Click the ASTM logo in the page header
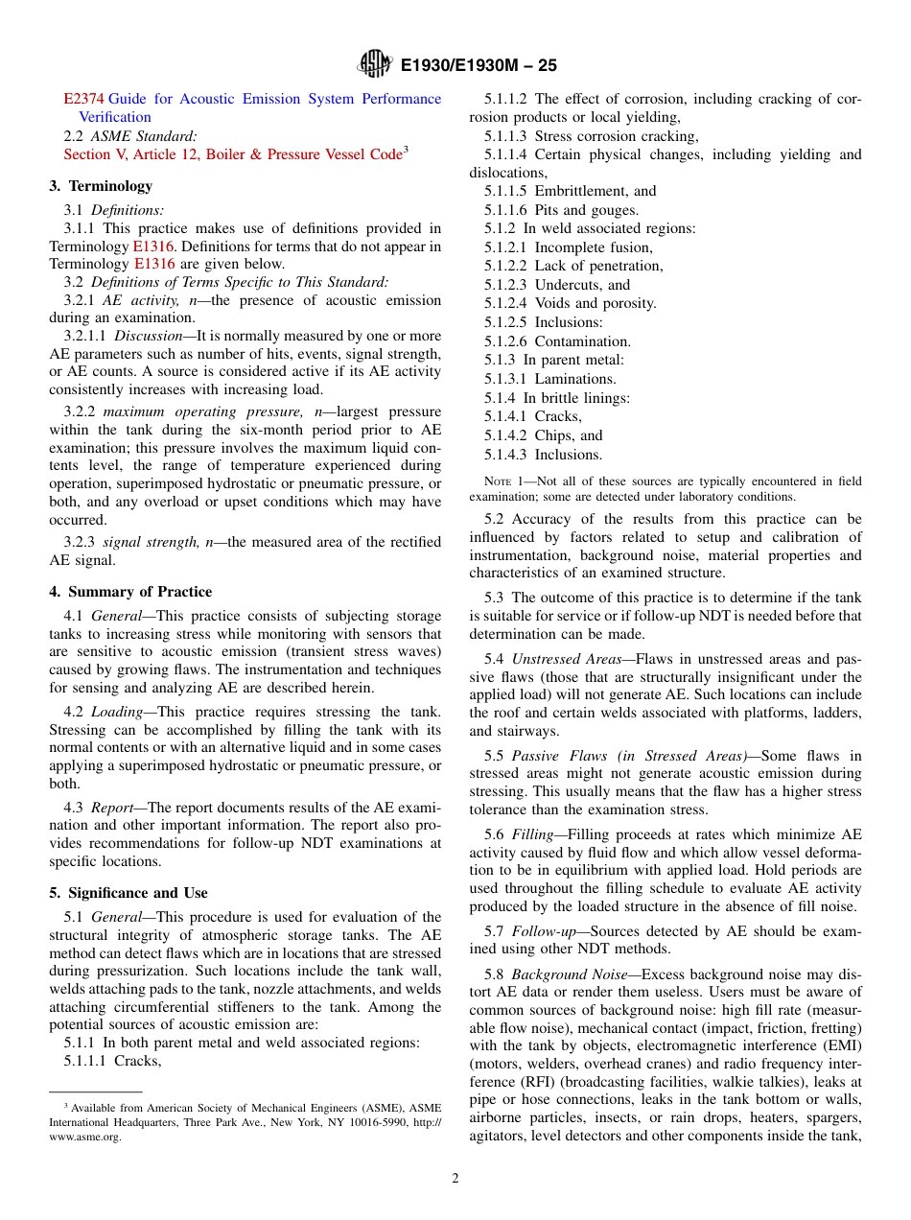pos(374,64)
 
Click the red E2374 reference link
pos(84,99)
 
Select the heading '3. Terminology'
pos(101,186)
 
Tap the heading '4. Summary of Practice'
pos(130,592)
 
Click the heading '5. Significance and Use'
pos(128,893)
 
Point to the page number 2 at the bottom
pos(455,1179)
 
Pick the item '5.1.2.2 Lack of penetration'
pos(572,266)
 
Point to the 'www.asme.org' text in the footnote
pos(85,1137)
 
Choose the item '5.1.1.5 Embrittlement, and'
pos(570,191)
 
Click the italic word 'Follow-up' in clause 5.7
pos(544,931)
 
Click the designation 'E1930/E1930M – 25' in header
pos(479,65)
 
